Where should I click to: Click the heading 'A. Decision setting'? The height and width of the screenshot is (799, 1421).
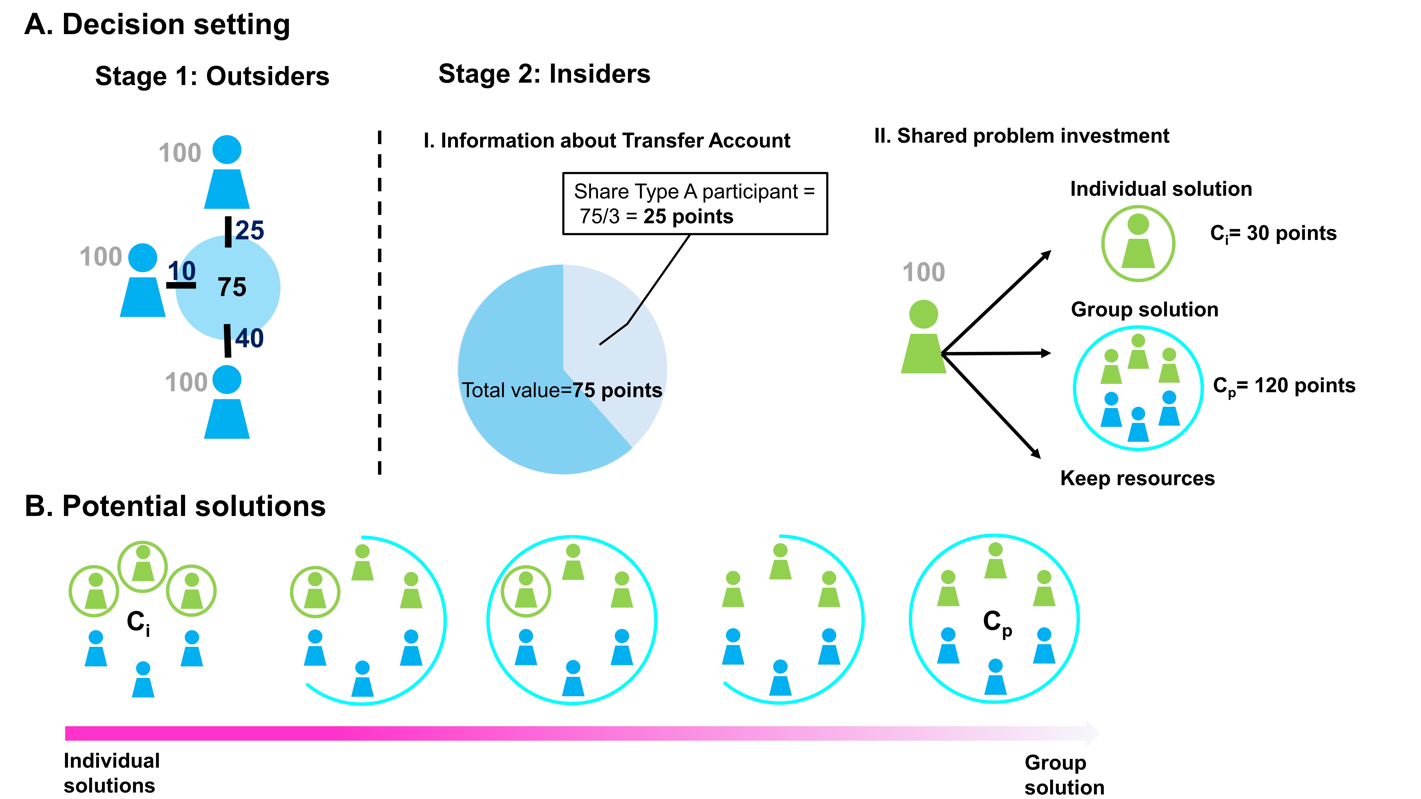click(157, 25)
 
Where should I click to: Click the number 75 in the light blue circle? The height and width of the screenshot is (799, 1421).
click(232, 287)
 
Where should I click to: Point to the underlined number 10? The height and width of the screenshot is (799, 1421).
click(182, 271)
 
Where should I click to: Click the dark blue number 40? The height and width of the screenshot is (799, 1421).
click(249, 338)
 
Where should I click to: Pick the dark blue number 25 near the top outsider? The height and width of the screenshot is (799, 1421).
click(250, 230)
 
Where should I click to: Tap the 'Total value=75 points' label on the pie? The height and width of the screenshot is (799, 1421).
click(561, 390)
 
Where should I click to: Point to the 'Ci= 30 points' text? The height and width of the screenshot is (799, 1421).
click(1273, 233)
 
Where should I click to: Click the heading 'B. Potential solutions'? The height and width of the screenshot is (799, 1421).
click(175, 506)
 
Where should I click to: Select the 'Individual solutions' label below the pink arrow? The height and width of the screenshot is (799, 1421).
click(111, 773)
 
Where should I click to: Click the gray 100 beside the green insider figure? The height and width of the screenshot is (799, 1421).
click(923, 272)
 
